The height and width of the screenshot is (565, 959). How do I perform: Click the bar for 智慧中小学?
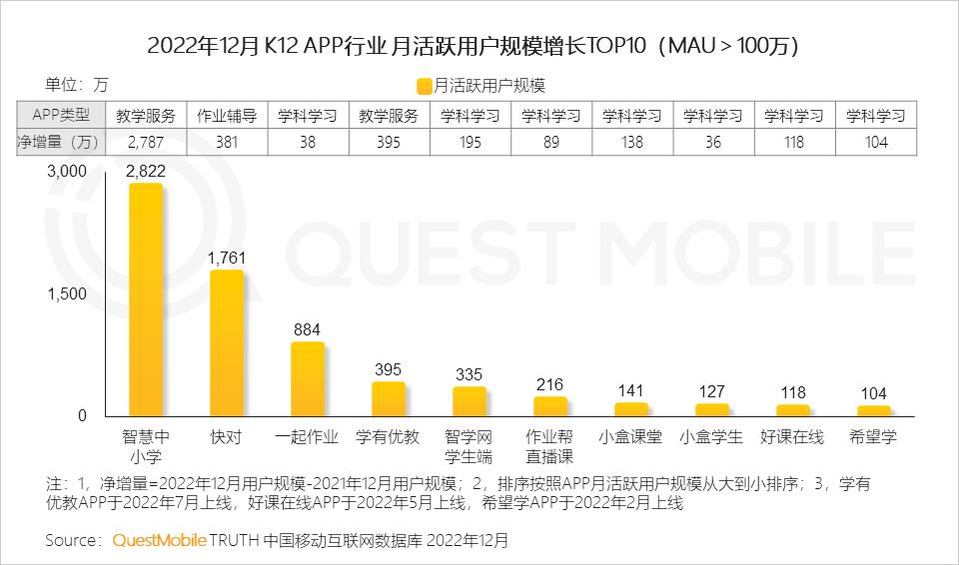pos(145,299)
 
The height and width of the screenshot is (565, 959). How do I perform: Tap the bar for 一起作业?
pos(307,378)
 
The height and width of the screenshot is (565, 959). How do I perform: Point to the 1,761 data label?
pos(226,258)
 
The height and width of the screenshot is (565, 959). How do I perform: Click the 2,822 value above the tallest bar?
pos(145,171)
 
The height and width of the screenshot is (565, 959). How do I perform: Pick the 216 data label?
pos(549,384)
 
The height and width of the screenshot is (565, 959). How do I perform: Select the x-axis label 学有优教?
pos(388,436)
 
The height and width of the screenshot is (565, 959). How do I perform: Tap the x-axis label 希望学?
pos(873,436)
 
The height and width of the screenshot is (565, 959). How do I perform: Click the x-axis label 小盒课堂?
pos(630,436)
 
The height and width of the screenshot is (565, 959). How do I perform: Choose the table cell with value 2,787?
pos(145,142)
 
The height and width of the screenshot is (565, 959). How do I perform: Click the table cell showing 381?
pos(226,142)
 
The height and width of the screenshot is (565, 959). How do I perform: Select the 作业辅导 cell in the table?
pos(226,115)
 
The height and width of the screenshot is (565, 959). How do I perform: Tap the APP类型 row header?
pos(60,115)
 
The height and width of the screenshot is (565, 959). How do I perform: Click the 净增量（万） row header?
pos(60,142)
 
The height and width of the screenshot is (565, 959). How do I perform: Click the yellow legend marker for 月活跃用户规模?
pos(425,86)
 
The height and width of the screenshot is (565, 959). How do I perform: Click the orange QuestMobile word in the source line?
pos(158,540)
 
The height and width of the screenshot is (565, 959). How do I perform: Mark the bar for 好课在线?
pos(792,409)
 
